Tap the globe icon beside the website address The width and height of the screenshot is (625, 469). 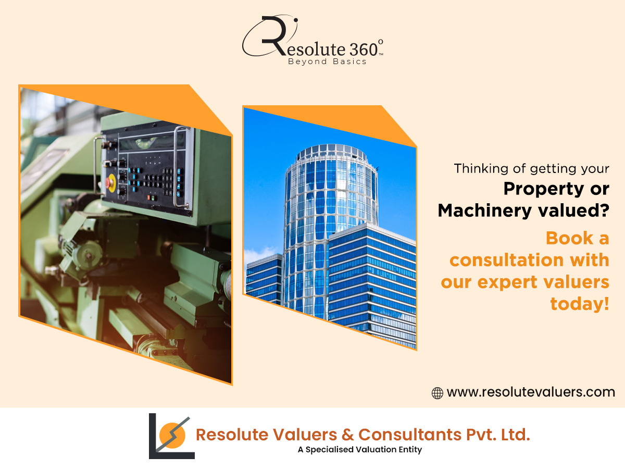pos(438,393)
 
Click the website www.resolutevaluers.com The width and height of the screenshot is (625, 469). pos(531,392)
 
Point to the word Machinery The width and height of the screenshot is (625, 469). pos(484,211)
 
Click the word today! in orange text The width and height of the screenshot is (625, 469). pos(580,304)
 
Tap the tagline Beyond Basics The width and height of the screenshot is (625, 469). pos(327,62)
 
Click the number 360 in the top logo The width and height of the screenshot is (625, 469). pos(364,50)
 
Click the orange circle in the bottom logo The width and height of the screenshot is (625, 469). pos(172,436)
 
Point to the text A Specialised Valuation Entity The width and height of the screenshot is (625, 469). pos(359,450)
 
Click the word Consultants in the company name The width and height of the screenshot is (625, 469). pos(410,435)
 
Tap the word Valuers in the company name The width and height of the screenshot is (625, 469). pos(305,435)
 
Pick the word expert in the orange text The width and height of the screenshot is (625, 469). pos(508,283)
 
